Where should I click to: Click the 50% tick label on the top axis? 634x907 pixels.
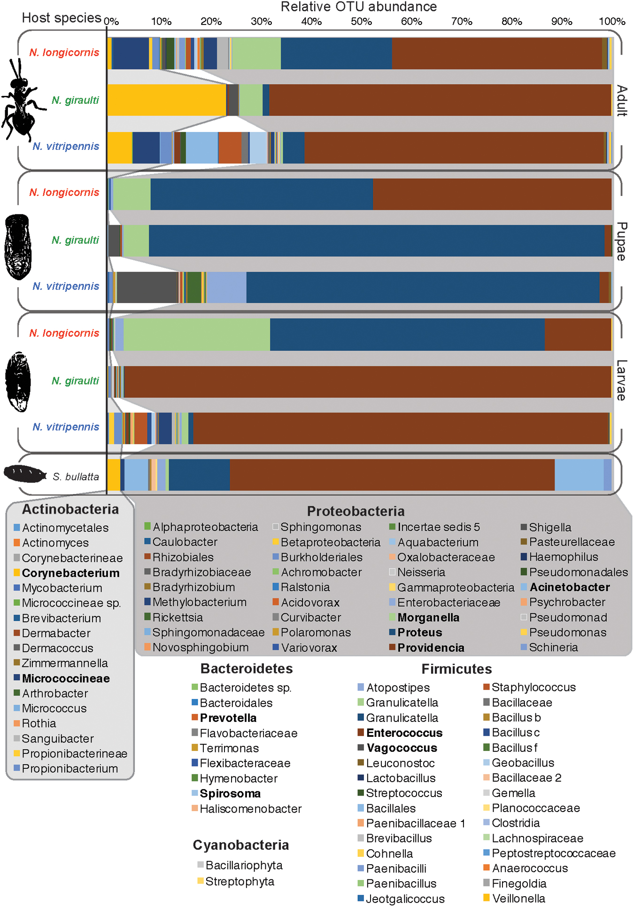click(361, 22)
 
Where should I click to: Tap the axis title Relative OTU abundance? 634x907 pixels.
click(359, 7)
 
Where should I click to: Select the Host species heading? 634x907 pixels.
click(62, 18)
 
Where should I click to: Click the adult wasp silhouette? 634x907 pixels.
click(21, 101)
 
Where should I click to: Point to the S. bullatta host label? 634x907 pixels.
click(76, 477)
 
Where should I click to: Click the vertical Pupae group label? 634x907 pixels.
click(621, 242)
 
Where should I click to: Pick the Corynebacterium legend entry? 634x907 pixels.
click(70, 573)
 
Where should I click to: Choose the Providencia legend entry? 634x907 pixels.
click(431, 648)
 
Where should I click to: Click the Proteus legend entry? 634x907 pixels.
click(419, 633)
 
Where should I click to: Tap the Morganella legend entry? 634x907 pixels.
click(428, 618)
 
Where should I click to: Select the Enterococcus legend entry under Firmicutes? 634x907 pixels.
click(404, 733)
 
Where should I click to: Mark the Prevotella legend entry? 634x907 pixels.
click(228, 718)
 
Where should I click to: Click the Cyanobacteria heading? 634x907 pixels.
click(241, 845)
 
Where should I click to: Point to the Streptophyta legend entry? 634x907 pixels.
click(239, 882)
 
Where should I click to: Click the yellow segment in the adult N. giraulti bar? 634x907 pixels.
click(167, 100)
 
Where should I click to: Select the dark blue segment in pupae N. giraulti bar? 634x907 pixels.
click(376, 241)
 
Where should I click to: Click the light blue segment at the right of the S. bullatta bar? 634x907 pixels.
click(579, 475)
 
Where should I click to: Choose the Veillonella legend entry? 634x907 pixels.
click(518, 899)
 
